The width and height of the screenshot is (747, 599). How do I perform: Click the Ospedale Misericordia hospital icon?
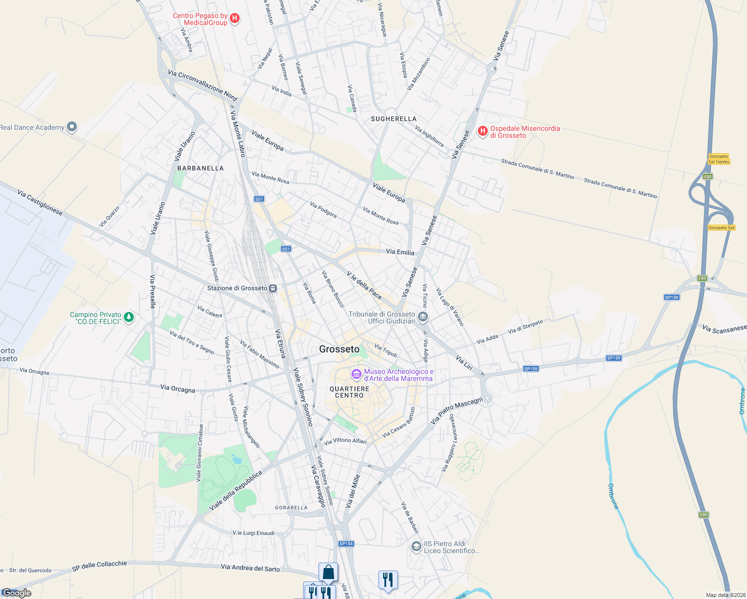click(482, 131)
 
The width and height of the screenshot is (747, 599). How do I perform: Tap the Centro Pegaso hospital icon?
click(235, 18)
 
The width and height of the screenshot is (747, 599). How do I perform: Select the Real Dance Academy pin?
click(72, 127)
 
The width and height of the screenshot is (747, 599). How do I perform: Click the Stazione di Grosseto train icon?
click(273, 288)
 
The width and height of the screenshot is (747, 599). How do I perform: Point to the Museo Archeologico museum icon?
click(356, 374)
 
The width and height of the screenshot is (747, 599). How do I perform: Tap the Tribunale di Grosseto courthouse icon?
click(423, 316)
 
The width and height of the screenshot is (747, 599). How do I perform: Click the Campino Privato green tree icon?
click(129, 317)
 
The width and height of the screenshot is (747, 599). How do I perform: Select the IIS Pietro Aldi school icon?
click(416, 547)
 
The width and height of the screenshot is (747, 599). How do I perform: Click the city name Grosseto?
click(339, 349)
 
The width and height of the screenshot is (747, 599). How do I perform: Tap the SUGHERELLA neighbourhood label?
click(393, 119)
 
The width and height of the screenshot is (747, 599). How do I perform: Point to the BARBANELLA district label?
click(201, 168)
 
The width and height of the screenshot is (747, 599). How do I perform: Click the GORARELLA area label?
click(292, 508)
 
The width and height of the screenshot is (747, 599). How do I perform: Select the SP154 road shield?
click(346, 544)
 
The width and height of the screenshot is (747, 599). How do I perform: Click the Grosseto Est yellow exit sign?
click(722, 228)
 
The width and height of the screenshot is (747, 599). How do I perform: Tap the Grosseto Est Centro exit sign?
click(719, 159)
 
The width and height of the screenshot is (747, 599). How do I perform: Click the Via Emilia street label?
click(400, 252)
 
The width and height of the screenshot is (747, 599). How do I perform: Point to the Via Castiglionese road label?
click(40, 202)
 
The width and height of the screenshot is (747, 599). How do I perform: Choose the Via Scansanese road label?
click(724, 329)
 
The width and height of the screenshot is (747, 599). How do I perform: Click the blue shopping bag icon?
click(328, 572)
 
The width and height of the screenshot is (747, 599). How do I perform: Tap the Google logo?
click(17, 593)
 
